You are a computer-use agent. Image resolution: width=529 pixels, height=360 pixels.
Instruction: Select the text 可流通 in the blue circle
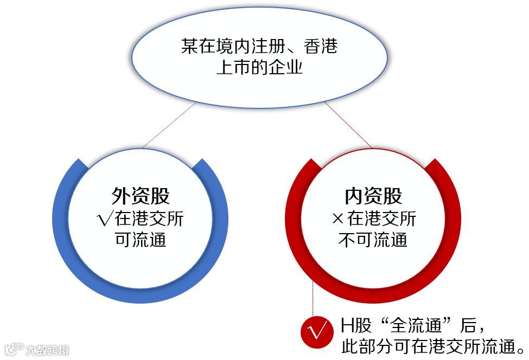click(x=141, y=240)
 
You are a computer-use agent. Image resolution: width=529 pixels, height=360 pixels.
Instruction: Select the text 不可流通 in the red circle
click(x=373, y=240)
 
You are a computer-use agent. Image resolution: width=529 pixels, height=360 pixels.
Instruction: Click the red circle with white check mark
click(x=315, y=331)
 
